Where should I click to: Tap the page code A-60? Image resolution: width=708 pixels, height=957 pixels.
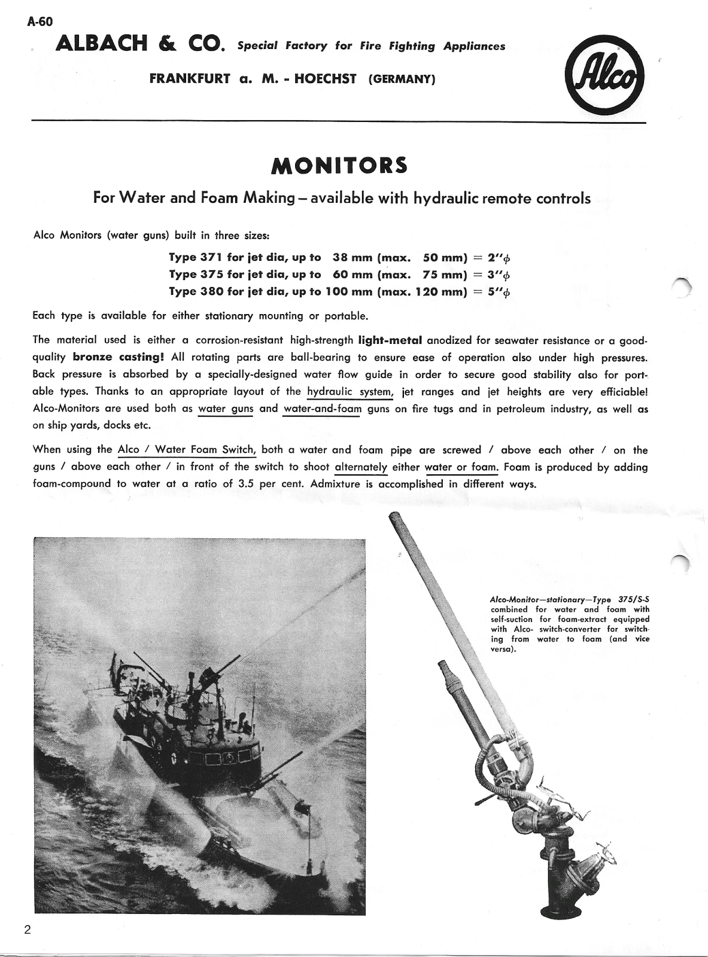click(x=40, y=22)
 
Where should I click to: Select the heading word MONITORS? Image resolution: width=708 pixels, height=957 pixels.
click(x=339, y=166)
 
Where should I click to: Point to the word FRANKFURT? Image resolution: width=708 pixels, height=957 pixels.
click(x=190, y=79)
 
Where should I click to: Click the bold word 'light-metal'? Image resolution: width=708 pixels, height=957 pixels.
click(x=390, y=340)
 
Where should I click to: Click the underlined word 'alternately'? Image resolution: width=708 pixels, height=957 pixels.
click(x=361, y=467)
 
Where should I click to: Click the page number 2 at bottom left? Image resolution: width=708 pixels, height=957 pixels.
click(x=28, y=930)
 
